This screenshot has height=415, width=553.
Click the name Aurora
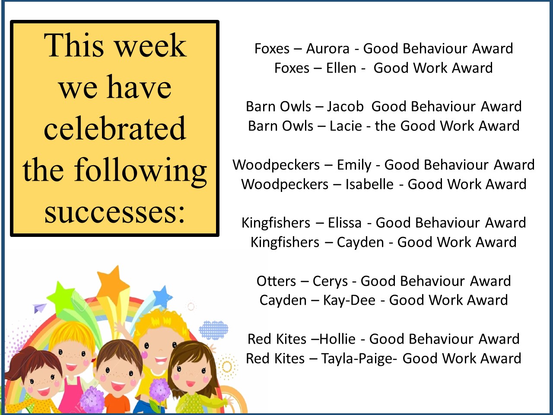[327, 48]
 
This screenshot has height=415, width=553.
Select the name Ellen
[341, 68]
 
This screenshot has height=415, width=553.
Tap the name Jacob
[345, 106]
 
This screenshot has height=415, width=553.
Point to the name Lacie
[346, 126]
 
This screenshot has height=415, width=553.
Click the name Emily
[354, 165]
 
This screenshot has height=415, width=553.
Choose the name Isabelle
[369, 184]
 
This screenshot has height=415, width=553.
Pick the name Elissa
[344, 223]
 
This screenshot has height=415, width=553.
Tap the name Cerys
[330, 281]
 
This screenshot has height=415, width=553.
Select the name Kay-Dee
[349, 300]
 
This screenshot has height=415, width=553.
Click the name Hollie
[337, 339]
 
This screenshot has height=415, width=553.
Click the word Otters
[276, 281]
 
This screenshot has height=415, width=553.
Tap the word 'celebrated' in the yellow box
[115, 128]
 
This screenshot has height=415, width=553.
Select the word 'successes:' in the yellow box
[115, 212]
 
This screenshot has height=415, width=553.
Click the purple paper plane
[39, 308]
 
